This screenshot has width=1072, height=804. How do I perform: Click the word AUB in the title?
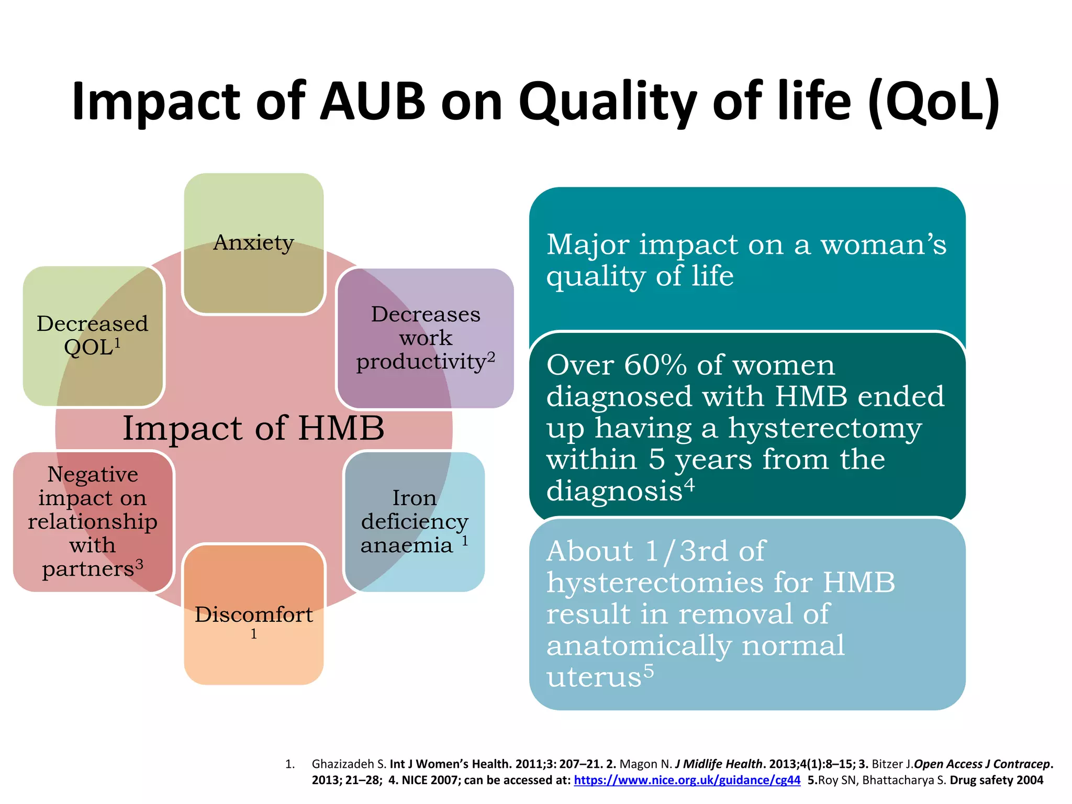point(372,100)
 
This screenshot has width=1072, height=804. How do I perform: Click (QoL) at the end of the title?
point(933,102)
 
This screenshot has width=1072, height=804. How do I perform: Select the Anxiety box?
point(253,243)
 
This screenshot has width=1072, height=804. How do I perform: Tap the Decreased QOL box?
point(93,335)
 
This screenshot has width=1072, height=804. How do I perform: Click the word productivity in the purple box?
point(421,362)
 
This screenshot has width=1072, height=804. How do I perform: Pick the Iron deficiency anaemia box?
point(414,521)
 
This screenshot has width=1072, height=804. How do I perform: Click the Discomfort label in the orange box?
point(253,615)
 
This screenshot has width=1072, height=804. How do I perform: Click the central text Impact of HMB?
point(253,428)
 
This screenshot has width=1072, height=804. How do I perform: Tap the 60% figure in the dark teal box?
point(655,365)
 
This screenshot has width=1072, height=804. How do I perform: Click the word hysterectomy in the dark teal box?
point(824,428)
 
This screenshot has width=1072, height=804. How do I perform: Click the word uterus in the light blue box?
point(594,677)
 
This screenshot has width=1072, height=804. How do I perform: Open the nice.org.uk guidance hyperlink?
point(687,780)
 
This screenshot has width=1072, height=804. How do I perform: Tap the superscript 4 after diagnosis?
point(690,485)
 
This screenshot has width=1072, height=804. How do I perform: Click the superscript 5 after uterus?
point(649,671)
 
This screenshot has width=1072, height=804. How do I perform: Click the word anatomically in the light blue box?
point(638,645)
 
